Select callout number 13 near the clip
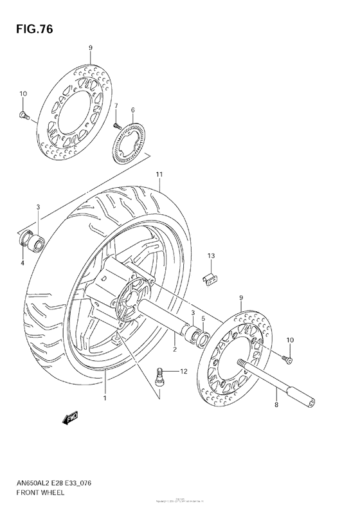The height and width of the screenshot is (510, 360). point(210,256)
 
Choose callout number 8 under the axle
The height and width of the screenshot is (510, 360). point(276,405)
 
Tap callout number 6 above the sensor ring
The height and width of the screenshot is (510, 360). point(132,110)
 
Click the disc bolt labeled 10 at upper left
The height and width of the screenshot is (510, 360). point(22,116)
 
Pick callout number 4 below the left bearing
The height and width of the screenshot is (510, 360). point(22,262)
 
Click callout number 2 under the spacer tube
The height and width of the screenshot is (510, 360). point(174,350)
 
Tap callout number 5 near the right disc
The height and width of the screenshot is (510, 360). point(203,318)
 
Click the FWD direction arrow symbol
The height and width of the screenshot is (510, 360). point(70,419)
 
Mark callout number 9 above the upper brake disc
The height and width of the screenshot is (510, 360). point(90,48)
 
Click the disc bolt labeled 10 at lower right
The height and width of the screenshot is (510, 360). point(287,358)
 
